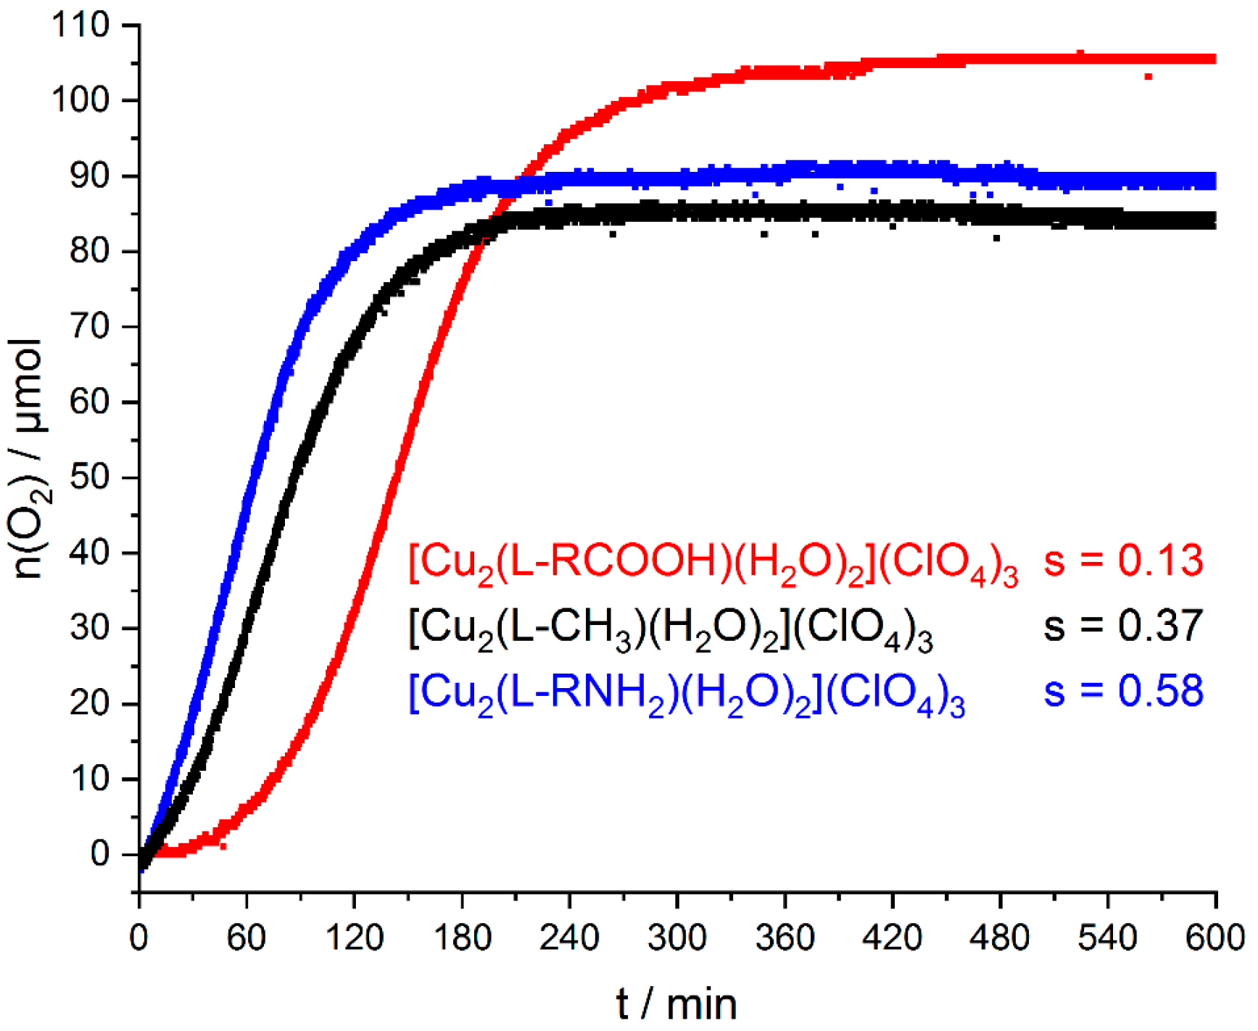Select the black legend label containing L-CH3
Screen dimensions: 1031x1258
(671, 628)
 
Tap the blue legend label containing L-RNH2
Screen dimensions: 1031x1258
(687, 693)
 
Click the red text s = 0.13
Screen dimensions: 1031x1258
(1123, 560)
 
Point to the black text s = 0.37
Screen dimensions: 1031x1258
(1123, 625)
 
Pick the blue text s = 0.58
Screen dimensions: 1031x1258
(1123, 690)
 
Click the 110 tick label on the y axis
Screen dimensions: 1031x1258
(80, 25)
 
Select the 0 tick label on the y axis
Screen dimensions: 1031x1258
(100, 854)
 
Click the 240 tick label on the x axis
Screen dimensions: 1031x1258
(569, 938)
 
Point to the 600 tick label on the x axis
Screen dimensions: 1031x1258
(1215, 938)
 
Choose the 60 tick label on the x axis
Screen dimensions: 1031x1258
(247, 938)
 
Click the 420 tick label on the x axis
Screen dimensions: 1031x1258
(892, 938)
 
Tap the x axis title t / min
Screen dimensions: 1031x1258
(676, 1005)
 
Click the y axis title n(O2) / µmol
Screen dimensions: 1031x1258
(29, 458)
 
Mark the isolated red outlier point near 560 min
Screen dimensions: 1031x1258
(1148, 76)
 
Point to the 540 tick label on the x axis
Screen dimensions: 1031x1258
(1107, 938)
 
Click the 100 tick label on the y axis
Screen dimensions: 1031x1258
(80, 101)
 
